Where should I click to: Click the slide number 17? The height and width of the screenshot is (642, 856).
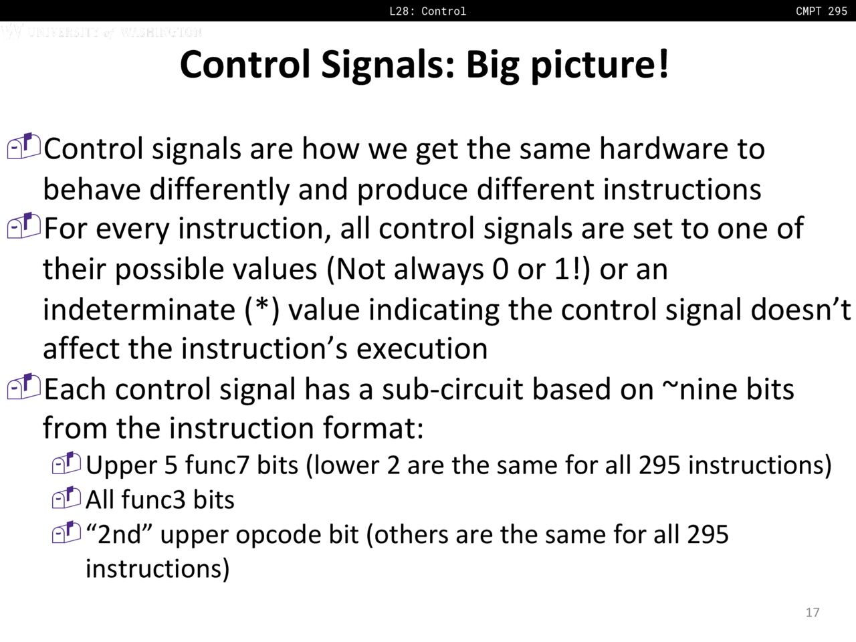point(813,613)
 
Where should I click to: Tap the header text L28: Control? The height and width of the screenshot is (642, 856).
point(428,11)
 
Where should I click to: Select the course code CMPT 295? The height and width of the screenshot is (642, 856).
point(822,11)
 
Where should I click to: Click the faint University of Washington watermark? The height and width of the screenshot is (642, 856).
point(102,31)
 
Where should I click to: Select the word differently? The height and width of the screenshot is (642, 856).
point(219,189)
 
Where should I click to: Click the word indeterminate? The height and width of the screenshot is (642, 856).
point(139,310)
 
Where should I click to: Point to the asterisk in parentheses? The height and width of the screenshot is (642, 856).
point(262,307)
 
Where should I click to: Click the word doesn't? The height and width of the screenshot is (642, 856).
point(800,310)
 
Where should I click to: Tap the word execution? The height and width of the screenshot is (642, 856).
point(422,349)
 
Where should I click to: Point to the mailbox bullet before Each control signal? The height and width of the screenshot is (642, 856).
point(24,387)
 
